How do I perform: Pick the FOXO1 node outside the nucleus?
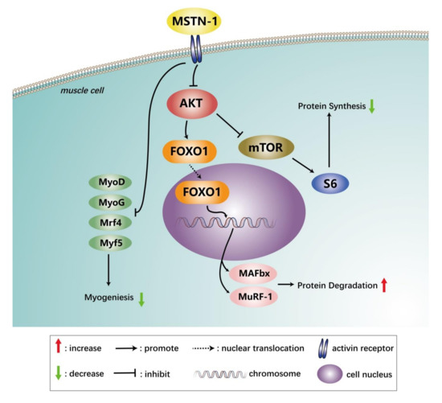click(187, 149)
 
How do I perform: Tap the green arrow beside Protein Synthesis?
click(371, 105)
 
